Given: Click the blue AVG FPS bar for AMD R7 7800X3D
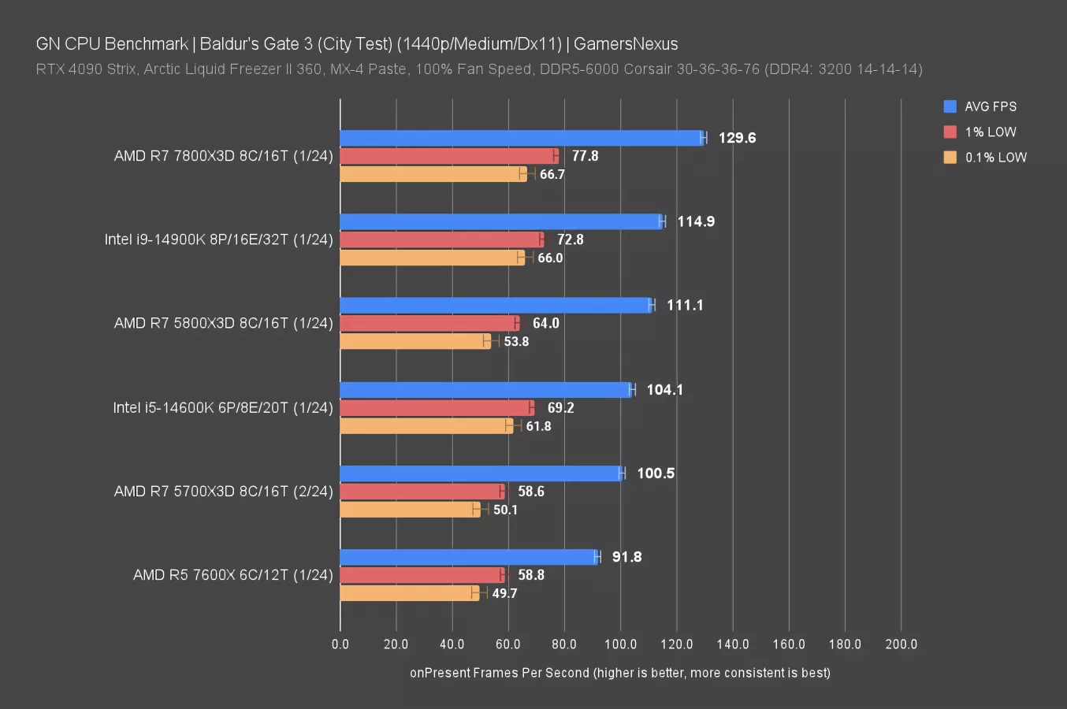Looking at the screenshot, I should point(520,138).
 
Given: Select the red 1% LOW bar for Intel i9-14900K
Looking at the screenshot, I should point(441,239).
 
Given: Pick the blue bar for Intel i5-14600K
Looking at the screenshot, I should point(485,389).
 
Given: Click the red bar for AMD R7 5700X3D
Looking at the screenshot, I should point(422,492).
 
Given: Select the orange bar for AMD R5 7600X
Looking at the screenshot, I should point(408,593).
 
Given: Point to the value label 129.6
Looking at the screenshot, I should point(737,138).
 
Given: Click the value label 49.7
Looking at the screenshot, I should point(504,593).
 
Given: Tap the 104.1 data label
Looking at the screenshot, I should point(664,389).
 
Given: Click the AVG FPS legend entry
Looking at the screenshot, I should point(991,106).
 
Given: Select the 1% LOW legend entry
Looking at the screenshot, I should point(991,132).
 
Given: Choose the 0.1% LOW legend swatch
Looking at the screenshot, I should point(950,157).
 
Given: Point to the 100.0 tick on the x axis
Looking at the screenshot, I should point(620,644).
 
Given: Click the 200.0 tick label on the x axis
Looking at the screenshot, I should point(901,644).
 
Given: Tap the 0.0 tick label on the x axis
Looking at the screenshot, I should point(340,644).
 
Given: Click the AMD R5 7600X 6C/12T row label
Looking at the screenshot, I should point(232,575).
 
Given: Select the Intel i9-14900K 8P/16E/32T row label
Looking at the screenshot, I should point(218,239).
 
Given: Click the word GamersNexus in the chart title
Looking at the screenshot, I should point(626,44).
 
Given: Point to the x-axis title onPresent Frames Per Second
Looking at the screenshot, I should point(619,673).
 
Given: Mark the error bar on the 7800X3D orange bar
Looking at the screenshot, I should point(527,173).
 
